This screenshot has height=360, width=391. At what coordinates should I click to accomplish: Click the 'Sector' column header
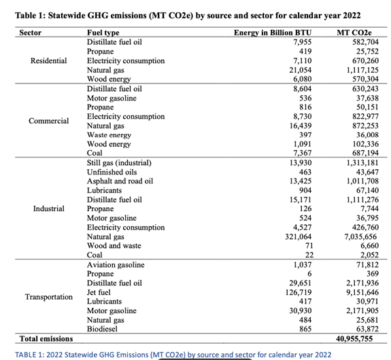pos(31,33)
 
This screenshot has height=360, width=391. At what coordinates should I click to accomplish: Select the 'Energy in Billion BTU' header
pos(273,33)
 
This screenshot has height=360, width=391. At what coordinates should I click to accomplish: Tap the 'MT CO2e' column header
pos(354,33)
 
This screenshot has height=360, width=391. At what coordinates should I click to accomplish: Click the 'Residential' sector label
pos(49,60)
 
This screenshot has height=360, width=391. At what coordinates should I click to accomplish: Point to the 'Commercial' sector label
pos(49,121)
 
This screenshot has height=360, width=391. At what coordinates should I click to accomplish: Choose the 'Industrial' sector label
pos(49,209)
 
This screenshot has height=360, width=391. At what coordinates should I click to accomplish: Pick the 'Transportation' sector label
pos(49,297)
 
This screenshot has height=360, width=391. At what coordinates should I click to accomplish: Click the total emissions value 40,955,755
pos(354,338)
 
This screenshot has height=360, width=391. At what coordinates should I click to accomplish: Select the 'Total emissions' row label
pos(46,338)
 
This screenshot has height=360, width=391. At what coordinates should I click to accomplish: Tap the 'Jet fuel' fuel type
pos(99,292)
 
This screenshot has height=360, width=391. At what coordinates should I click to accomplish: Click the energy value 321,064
pos(299,236)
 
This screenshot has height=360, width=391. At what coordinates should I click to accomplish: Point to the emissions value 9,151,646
pos(362,292)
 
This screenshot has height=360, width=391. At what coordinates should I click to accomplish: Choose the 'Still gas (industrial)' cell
pos(119,163)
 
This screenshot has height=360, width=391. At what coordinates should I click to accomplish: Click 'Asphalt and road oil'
pos(120,181)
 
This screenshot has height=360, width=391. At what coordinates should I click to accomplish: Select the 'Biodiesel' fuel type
pos(102,329)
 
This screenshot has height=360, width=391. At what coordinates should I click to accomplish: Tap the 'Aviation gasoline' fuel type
pos(116,265)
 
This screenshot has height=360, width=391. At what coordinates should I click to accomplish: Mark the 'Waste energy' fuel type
pos(109,134)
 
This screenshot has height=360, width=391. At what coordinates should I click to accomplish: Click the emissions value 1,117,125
pos(362,70)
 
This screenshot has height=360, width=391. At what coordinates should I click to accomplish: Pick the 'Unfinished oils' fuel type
pos(112,172)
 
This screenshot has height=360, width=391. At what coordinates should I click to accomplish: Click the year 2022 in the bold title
pos(352,16)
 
